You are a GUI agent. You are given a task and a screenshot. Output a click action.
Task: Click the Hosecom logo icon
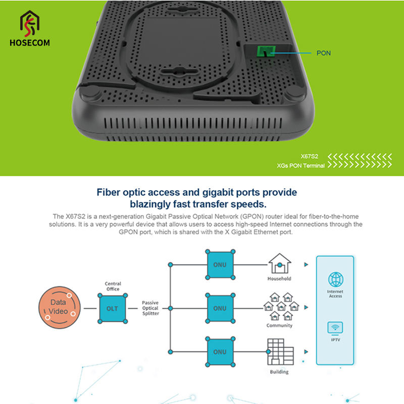click(30, 23)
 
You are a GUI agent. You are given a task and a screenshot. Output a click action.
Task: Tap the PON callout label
click(324, 53)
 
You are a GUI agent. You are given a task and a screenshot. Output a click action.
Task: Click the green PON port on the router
click(265, 51)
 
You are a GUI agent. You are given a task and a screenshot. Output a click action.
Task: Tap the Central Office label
click(113, 286)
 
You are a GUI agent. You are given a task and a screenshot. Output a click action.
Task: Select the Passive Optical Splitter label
click(150, 308)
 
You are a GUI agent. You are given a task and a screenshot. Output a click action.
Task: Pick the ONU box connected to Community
click(220, 308)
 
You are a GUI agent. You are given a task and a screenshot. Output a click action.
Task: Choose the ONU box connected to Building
click(220, 352)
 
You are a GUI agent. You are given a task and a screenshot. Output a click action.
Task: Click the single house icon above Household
click(279, 264)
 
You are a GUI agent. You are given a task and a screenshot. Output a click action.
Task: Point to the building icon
click(279, 352)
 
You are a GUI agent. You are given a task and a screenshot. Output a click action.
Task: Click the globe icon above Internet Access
click(336, 279)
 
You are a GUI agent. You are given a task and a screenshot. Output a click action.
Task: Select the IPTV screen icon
click(336, 328)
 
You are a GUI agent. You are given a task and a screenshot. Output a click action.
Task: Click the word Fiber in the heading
click(110, 192)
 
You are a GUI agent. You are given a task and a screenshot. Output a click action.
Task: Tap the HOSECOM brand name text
click(30, 43)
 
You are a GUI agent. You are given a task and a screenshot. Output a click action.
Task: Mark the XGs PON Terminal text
click(301, 166)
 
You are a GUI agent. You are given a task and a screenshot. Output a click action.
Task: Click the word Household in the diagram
click(279, 279)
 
